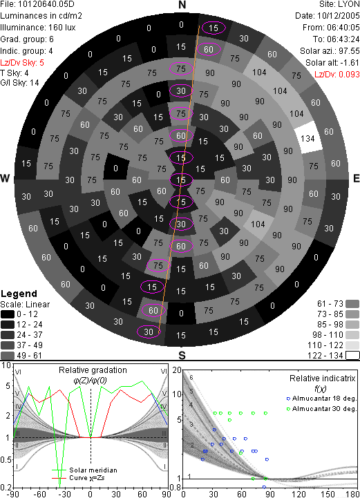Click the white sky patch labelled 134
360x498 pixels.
(307, 139)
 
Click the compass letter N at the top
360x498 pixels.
(182, 5)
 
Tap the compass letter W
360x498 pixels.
(5, 178)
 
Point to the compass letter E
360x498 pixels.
(356, 178)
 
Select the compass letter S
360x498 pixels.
(182, 355)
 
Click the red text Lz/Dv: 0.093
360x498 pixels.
(337, 75)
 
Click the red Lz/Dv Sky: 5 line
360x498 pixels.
(22, 63)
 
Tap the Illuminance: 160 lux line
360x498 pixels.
(38, 28)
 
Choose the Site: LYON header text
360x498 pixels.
(339, 4)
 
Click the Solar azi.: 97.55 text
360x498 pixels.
(330, 51)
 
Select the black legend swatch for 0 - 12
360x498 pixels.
(8, 314)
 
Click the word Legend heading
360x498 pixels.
(19, 294)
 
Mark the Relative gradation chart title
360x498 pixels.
(93, 370)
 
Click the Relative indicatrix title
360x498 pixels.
(322, 379)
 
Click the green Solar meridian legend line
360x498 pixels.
(59, 470)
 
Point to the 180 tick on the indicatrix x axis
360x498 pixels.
(353, 494)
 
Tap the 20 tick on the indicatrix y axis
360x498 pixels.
(177, 370)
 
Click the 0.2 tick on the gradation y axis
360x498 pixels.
(6, 488)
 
